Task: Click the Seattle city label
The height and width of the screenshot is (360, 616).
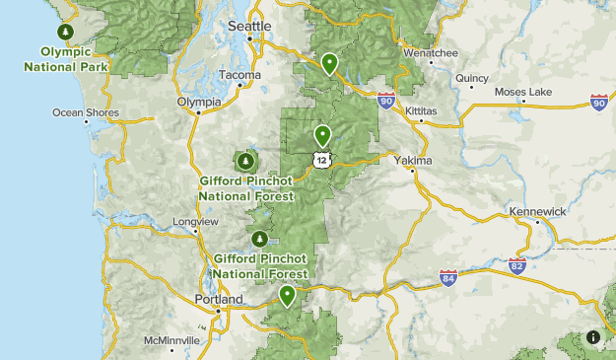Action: [x=248, y=26]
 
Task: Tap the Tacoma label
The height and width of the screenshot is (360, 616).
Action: [x=240, y=75]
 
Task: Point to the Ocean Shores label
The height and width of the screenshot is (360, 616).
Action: [x=86, y=112]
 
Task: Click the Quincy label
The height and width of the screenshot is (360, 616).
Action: [x=472, y=77]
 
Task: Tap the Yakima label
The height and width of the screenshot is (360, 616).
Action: [x=412, y=160]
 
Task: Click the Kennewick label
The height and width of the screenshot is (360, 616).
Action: [x=537, y=212]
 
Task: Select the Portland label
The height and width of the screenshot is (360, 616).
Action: [x=219, y=299]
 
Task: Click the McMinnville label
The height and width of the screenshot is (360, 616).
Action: [x=171, y=340]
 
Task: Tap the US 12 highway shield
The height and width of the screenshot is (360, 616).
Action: [x=321, y=158]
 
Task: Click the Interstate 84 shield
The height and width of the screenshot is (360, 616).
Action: [x=448, y=278]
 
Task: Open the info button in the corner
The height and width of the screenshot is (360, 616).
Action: [x=593, y=336]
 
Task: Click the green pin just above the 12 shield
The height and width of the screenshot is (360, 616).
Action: [x=322, y=135]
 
